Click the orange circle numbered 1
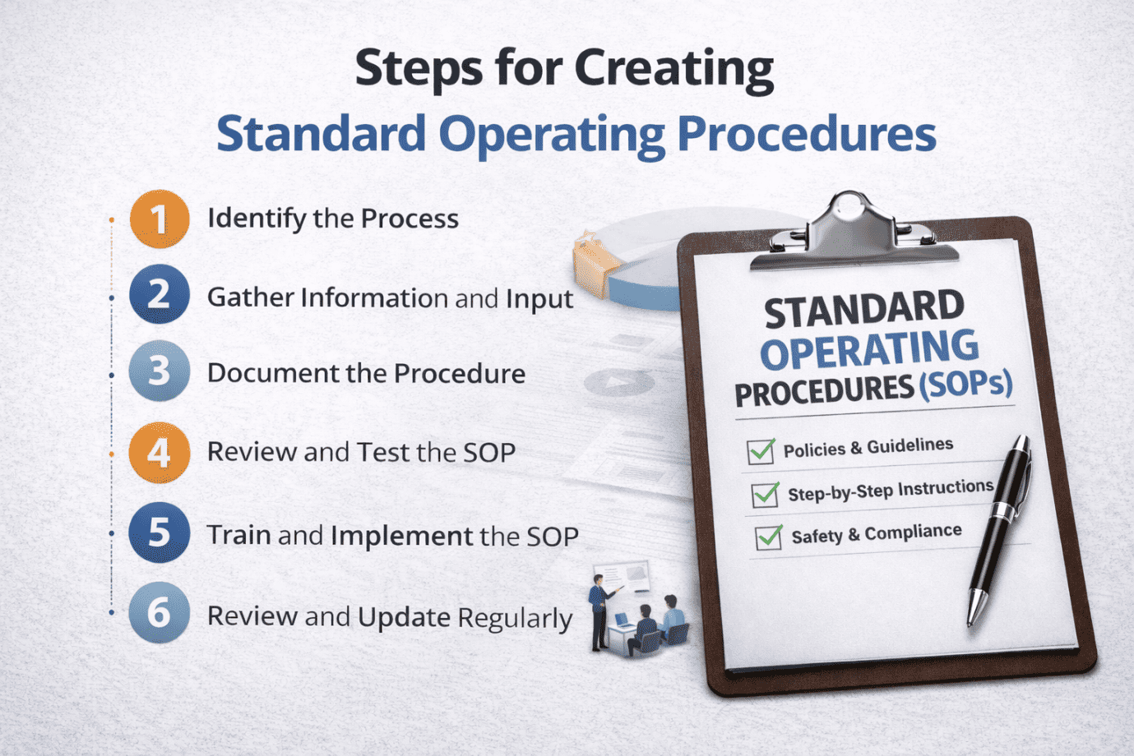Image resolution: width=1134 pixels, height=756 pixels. pyautogui.click(x=160, y=219)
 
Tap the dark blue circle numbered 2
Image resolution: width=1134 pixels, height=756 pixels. pyautogui.click(x=160, y=294)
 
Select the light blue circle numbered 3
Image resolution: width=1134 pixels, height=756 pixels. pyautogui.click(x=160, y=371)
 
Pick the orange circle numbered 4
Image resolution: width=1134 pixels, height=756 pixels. pyautogui.click(x=160, y=452)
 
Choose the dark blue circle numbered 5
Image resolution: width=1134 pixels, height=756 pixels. pyautogui.click(x=160, y=532)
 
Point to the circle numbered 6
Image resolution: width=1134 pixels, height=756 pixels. pyautogui.click(x=160, y=613)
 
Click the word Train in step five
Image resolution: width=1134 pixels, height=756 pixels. pyautogui.click(x=238, y=535)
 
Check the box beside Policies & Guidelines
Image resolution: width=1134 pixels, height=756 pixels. pyautogui.click(x=761, y=451)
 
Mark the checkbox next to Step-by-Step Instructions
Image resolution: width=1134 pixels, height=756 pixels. pyautogui.click(x=765, y=495)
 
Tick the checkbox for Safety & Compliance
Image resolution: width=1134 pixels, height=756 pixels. pyautogui.click(x=769, y=537)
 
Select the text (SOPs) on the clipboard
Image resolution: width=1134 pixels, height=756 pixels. pyautogui.click(x=965, y=384)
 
